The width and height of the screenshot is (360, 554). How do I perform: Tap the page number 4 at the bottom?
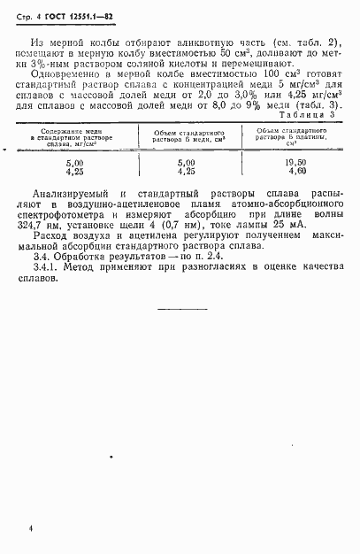[31, 527]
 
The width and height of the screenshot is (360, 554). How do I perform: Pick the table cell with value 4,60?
[283, 173]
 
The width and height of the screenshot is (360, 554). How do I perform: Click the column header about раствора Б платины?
[283, 139]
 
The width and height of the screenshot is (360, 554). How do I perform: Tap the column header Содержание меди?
[75, 132]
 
